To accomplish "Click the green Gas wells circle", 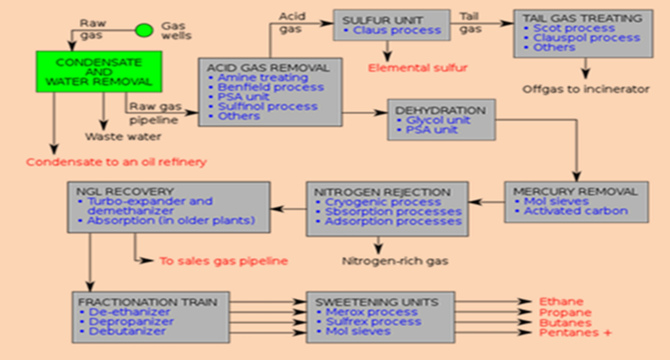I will (x=144, y=30).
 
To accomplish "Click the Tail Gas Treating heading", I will (x=583, y=19).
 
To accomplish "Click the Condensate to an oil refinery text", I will (x=114, y=161).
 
